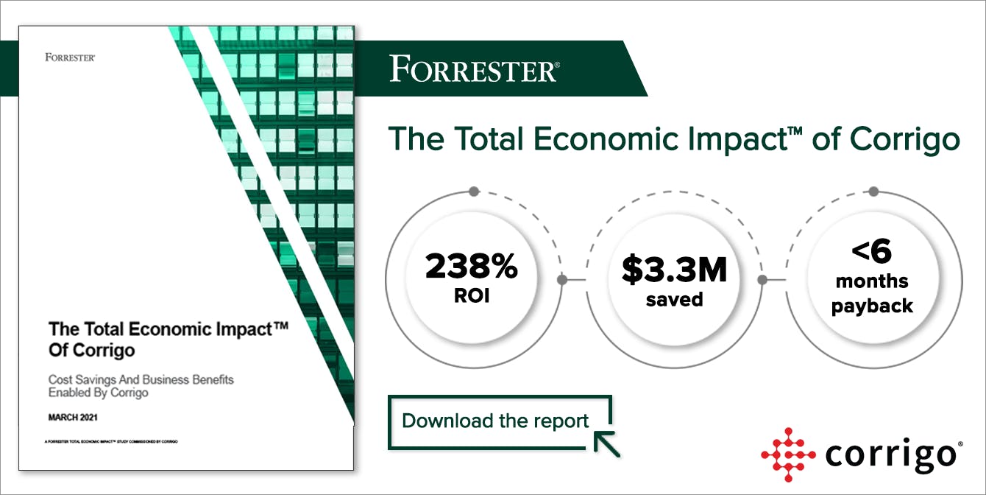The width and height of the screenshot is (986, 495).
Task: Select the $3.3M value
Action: (x=674, y=270)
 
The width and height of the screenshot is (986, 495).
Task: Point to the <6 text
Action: (x=872, y=253)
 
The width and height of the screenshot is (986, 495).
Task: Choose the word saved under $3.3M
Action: (x=674, y=300)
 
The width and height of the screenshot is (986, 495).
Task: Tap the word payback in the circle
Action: (x=872, y=306)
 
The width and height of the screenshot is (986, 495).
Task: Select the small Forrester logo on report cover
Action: (x=70, y=57)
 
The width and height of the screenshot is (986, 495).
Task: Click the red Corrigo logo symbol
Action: (x=788, y=454)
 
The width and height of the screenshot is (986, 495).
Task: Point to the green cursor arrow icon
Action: (x=606, y=443)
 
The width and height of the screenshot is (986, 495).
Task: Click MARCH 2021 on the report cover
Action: (x=74, y=418)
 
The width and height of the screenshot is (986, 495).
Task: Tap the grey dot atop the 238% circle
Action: (x=474, y=192)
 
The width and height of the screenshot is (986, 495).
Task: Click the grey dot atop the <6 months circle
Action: (x=873, y=192)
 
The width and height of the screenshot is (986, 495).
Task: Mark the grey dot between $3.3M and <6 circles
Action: (x=763, y=280)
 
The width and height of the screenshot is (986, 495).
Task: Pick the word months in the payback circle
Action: (x=872, y=281)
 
